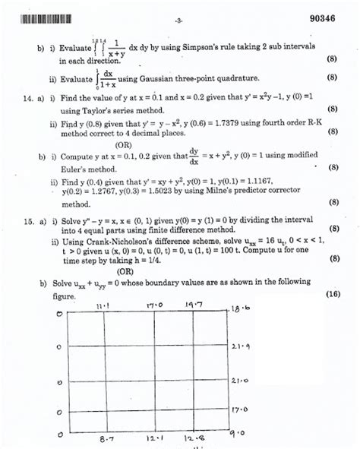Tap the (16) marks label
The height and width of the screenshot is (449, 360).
pos(333,294)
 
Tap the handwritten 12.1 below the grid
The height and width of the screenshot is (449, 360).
pos(156,439)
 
